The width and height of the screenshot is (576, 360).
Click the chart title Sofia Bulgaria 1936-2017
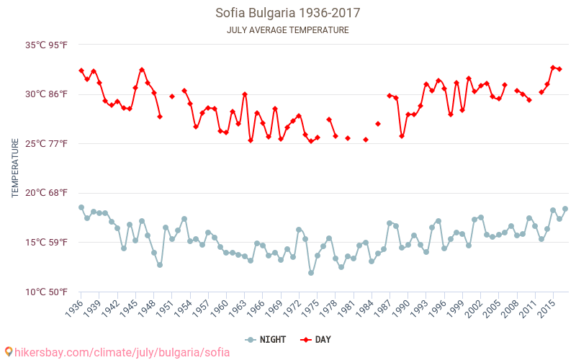(x=287, y=13)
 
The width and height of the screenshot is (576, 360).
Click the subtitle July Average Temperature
(x=287, y=30)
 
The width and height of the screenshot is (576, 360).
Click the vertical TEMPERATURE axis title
(x=15, y=168)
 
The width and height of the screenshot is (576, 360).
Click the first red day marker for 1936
(x=81, y=71)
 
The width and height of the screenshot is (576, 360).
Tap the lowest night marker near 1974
(x=311, y=273)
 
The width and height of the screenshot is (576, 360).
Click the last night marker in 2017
(x=565, y=209)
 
